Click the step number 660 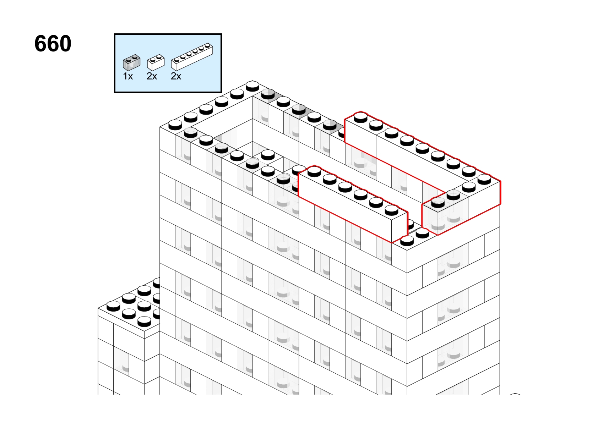click(53, 44)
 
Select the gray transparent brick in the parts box click(132, 62)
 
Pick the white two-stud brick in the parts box click(156, 62)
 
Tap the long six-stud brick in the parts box click(192, 57)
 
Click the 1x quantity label click(128, 76)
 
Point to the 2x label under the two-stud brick click(152, 76)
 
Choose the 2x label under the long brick click(176, 76)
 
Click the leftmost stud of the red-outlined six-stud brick click(314, 171)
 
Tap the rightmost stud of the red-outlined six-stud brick click(392, 210)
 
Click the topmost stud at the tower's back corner click(252, 86)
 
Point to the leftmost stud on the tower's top click(175, 125)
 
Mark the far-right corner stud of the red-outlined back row click(484, 179)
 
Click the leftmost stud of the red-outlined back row click(361, 117)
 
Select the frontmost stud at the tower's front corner click(407, 241)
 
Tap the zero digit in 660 click(64, 44)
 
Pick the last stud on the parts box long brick click(207, 45)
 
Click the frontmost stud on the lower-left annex click(145, 322)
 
